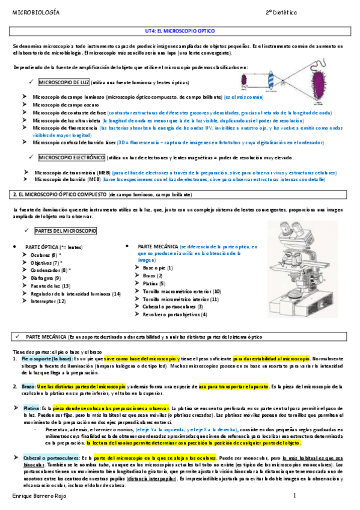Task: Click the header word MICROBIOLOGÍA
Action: (x=35, y=11)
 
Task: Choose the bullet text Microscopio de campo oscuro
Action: (x=64, y=104)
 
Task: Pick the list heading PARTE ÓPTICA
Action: (x=46, y=247)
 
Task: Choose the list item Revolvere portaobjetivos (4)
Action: (x=174, y=315)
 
